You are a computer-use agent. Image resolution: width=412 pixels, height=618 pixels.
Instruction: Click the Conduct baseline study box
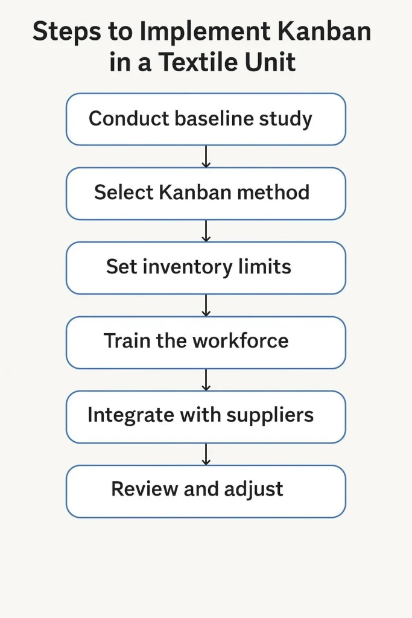[206, 119]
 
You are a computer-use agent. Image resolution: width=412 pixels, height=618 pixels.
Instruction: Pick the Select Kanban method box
[206, 193]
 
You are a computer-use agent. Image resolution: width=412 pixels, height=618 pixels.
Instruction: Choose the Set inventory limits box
[206, 267]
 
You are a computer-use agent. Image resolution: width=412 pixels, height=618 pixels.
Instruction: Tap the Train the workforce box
[206, 342]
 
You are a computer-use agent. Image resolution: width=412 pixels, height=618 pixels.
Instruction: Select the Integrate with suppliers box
[206, 416]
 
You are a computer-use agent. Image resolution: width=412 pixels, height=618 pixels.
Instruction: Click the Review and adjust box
[206, 491]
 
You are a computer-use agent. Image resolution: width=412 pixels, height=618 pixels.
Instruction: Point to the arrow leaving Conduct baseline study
[206, 156]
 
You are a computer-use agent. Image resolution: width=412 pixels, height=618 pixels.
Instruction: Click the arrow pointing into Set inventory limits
[206, 231]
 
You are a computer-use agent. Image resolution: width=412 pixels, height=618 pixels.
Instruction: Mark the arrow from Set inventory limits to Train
[206, 305]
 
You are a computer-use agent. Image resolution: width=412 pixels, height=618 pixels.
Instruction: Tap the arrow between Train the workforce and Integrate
[206, 380]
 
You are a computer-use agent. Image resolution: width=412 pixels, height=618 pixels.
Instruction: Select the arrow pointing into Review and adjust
[206, 454]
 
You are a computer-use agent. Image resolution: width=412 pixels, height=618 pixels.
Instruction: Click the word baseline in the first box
[214, 118]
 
